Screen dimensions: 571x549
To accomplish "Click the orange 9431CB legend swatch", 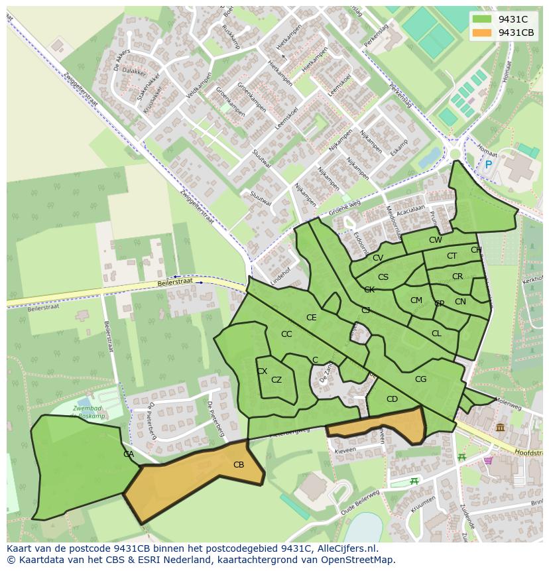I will point(482,32).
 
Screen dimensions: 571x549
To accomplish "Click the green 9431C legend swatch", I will point(482,19).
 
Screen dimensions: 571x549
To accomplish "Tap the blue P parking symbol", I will point(489,164).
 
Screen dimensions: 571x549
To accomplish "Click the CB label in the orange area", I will point(239,465).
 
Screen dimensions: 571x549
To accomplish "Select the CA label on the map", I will point(129,454).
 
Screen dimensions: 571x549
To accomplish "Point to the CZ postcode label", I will point(276,380).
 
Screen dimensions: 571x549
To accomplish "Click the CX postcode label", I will point(262,371).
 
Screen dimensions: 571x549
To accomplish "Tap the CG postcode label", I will point(420,379).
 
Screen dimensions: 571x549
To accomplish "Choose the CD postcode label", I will point(392,399).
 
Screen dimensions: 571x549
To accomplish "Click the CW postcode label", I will point(435,240).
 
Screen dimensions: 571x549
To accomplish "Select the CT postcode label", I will point(452,256).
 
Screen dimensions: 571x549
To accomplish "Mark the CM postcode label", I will point(416,300).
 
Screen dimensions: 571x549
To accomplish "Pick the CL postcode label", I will point(436,334).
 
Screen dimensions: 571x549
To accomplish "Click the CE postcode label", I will point(311,318).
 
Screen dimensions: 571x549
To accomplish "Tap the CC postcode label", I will point(286,334).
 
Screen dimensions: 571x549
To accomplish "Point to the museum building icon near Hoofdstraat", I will point(499,428).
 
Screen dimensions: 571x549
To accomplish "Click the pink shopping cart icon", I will point(489,460).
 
